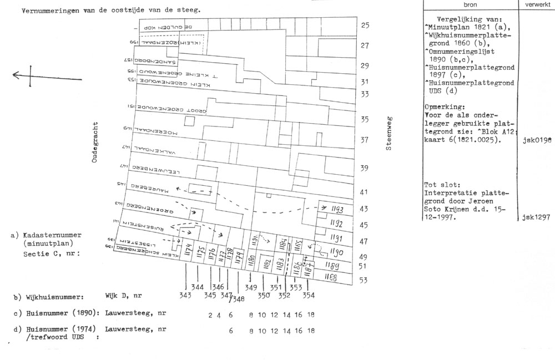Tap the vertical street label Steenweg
click(390, 134)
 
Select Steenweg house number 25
click(365, 26)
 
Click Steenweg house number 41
click(365, 192)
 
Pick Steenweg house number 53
click(364, 280)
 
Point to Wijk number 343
click(185, 296)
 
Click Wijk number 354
click(309, 296)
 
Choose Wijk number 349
click(251, 287)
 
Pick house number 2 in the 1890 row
click(210, 315)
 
